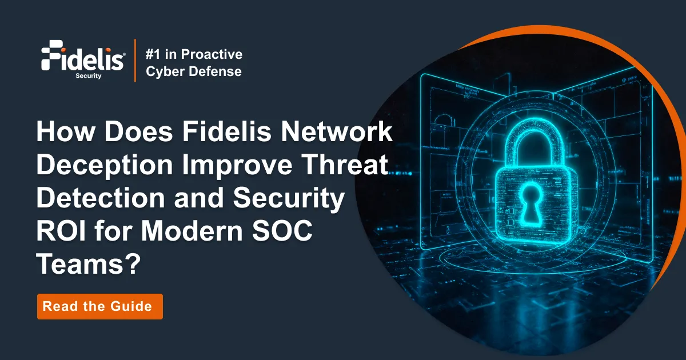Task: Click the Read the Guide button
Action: (100, 306)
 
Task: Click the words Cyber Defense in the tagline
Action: (193, 72)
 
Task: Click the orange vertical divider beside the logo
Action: (135, 61)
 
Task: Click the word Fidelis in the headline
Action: (222, 133)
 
